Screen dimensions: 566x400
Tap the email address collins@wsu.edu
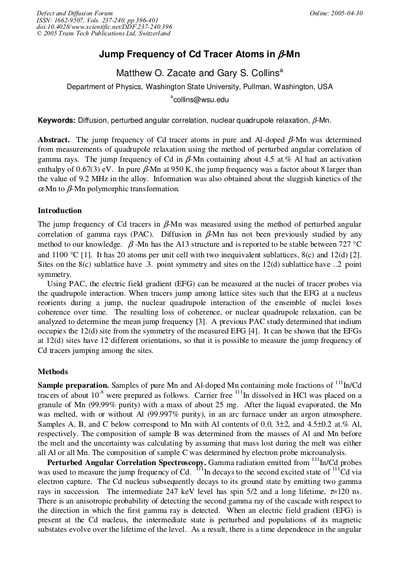point(200,100)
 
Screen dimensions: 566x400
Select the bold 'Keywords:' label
point(57,120)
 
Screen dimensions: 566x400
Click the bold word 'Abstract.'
point(54,140)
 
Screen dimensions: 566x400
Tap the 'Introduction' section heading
point(60,211)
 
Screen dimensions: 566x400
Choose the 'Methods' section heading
point(53,372)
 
